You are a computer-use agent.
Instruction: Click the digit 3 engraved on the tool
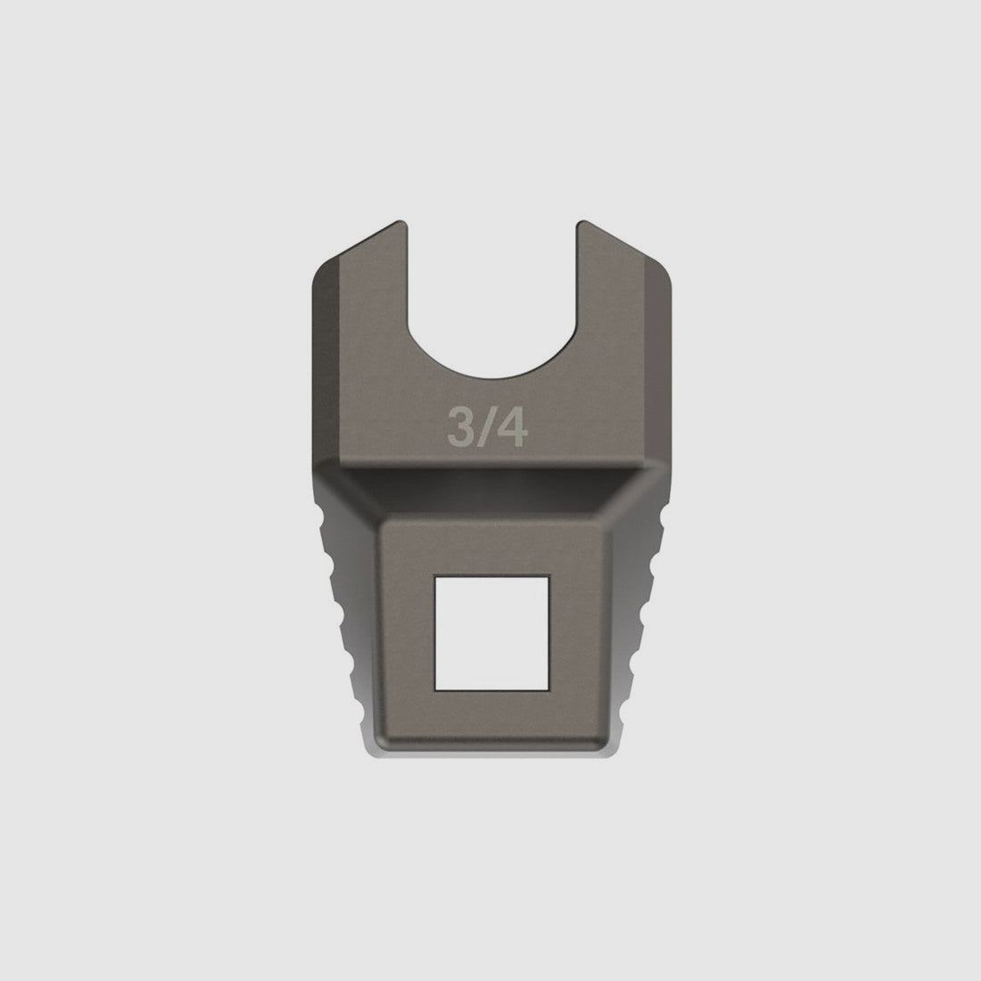(x=460, y=428)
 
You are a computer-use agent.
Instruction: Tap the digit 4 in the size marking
(x=512, y=428)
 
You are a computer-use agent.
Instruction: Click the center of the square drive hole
(x=491, y=633)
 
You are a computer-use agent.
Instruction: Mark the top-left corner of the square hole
(x=435, y=576)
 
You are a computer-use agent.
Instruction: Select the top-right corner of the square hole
(x=548, y=576)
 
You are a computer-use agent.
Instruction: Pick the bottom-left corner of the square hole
(x=435, y=690)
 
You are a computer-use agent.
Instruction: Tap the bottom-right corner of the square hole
(x=548, y=690)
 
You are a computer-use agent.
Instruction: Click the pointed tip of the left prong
(x=400, y=221)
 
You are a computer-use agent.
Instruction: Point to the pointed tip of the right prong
(x=581, y=221)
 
